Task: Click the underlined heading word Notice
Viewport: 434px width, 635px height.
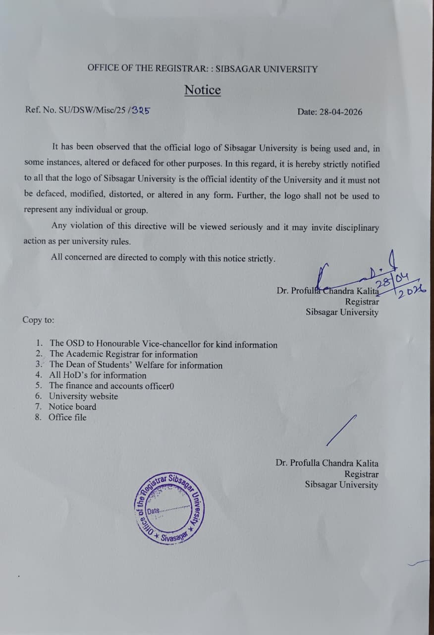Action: point(203,90)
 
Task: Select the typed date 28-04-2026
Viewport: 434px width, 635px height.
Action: point(340,112)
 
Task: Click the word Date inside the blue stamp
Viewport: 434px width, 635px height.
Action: point(154,510)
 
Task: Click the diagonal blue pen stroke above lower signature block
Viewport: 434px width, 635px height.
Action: point(341,430)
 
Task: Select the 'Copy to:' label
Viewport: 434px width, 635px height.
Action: point(39,320)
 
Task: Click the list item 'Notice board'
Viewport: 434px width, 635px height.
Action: point(72,407)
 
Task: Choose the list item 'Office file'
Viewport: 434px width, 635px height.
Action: point(67,417)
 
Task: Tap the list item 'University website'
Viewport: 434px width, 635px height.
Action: point(83,396)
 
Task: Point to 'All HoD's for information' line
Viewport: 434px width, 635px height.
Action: point(98,376)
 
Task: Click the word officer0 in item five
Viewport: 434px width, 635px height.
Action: point(160,386)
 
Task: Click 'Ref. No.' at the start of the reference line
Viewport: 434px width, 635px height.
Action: point(40,110)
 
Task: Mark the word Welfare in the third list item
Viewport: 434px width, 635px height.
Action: point(149,365)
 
